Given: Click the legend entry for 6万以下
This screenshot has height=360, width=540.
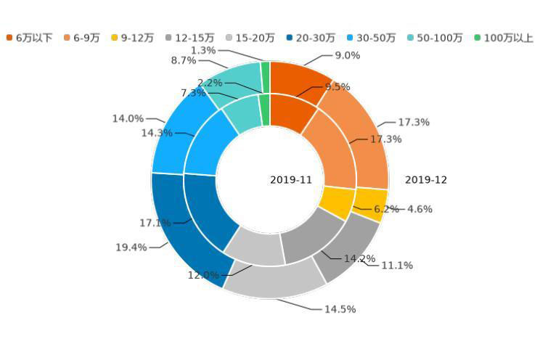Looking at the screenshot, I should pos(29,38).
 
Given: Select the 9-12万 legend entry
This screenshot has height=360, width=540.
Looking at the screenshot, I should pos(131,38).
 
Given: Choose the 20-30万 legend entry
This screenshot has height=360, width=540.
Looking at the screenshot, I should pos(310,38).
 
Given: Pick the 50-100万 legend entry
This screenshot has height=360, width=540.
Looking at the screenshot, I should pos(434,38).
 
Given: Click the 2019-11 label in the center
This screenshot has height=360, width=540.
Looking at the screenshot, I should pos(291,180).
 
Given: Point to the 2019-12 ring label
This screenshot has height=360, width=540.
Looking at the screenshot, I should pos(426,180).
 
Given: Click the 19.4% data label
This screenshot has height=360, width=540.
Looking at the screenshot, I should pos(131,247).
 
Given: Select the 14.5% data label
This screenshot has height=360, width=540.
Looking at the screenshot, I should pos(340,309).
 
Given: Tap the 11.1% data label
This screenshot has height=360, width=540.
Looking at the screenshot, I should pos(397,266).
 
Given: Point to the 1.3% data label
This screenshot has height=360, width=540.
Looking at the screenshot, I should pos(203,51).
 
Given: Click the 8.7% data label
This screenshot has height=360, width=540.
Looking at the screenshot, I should pos(184,61).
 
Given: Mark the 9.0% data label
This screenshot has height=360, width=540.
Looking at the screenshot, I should pos(347,56).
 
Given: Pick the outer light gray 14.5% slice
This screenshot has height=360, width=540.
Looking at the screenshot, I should pos(276,281).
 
